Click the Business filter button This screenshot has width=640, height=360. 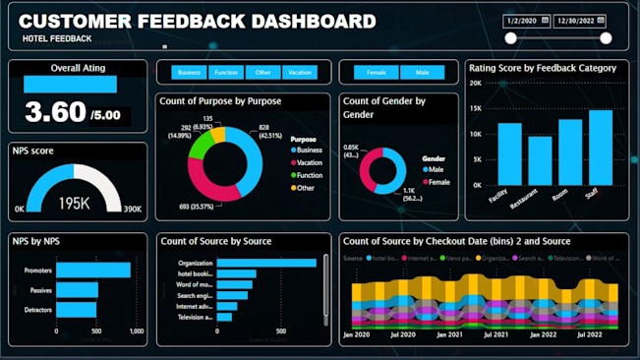(189, 73)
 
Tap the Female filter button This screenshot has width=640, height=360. (376, 73)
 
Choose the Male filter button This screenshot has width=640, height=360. (422, 73)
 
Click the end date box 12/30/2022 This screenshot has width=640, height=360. (580, 20)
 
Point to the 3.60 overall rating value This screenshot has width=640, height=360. (55, 113)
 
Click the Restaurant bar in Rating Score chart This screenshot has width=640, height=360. (540, 160)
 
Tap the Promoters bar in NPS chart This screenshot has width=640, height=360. (92, 270)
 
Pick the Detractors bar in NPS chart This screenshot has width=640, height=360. (76, 310)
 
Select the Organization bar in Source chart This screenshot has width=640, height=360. (265, 263)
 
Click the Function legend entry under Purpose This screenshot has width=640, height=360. (308, 174)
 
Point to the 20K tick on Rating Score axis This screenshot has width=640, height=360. (475, 84)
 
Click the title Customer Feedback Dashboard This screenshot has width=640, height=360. (198, 21)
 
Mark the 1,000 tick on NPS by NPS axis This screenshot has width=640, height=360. (136, 331)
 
